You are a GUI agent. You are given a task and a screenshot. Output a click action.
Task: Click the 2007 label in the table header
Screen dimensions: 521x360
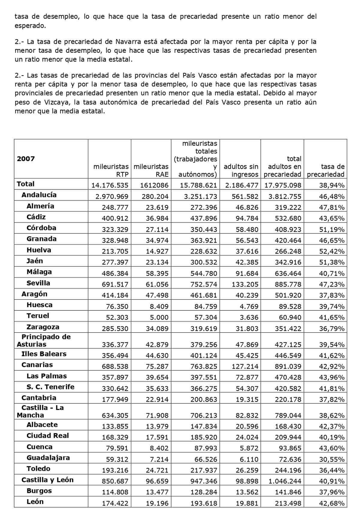tap(26, 159)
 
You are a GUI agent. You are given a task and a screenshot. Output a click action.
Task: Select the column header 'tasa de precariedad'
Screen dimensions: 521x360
tap(326, 170)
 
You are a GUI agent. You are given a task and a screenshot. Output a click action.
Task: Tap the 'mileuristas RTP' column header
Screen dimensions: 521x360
tap(111, 170)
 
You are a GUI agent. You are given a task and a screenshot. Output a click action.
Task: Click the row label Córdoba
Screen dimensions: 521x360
tap(41, 228)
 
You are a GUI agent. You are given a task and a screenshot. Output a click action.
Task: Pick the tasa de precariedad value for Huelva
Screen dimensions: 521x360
tap(331, 251)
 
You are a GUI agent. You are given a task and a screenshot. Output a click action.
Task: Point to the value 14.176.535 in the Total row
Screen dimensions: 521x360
tap(110, 185)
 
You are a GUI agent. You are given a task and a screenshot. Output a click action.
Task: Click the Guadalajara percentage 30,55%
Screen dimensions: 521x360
tap(331, 459)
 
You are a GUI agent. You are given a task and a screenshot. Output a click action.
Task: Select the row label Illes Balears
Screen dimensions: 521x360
tap(44, 354)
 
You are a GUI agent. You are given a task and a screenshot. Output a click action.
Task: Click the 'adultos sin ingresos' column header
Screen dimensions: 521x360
tap(241, 170)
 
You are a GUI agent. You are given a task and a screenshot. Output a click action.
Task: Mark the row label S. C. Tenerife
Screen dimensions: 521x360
tap(50, 387)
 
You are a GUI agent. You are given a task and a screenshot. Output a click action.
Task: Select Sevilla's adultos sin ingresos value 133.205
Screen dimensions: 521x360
tap(245, 284)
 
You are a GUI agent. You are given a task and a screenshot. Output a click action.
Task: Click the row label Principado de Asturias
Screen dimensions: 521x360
tap(43, 340)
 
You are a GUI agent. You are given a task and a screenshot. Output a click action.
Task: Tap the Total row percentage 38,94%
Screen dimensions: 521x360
tap(331, 185)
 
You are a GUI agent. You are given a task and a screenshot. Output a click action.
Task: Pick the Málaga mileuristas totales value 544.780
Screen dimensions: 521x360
tap(203, 273)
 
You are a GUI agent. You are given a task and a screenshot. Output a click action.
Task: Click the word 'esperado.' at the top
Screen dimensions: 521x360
tap(30, 25)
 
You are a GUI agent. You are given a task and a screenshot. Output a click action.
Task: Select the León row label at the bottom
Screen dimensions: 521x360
tap(35, 502)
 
